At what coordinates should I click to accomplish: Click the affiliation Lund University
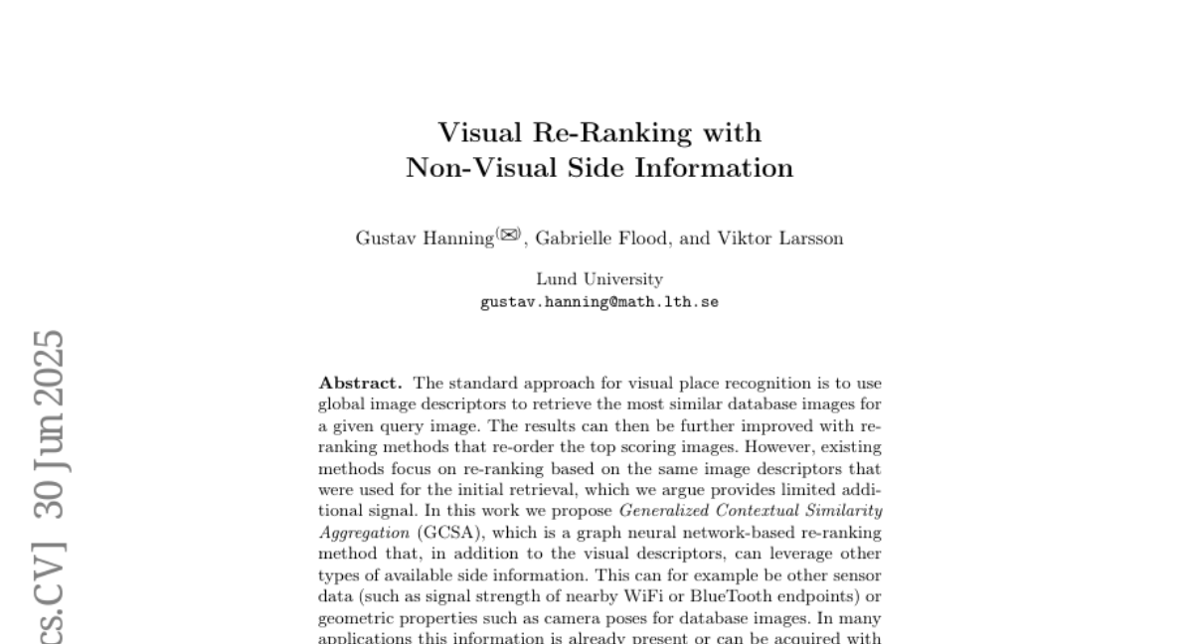599,279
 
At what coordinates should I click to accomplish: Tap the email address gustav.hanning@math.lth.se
599,301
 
